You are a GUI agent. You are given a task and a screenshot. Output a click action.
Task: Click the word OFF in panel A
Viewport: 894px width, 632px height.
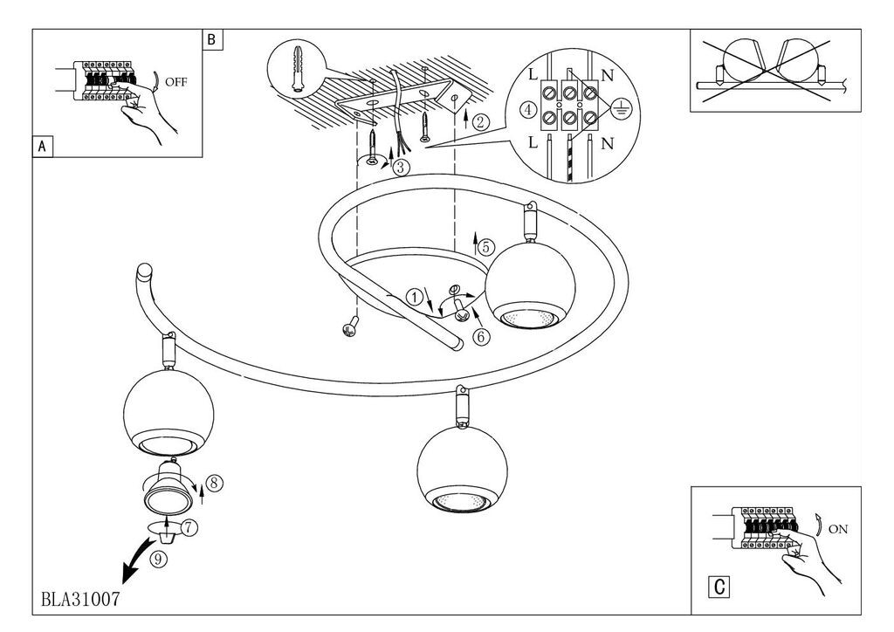point(175,82)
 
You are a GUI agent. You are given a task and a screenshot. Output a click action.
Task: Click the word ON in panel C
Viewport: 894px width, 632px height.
point(837,529)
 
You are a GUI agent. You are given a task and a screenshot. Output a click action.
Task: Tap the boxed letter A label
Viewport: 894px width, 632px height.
point(42,147)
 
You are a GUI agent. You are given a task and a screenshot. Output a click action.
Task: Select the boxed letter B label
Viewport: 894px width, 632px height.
point(212,40)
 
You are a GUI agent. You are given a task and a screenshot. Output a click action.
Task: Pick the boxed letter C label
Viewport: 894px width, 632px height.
point(719,587)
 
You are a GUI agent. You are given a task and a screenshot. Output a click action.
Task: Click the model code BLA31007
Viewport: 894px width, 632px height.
point(80,599)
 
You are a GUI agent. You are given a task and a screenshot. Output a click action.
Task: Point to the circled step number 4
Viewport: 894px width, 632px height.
point(529,109)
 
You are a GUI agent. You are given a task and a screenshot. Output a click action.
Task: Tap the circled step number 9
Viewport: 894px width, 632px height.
point(159,560)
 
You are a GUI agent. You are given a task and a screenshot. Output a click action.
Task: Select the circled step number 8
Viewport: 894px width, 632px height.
point(214,484)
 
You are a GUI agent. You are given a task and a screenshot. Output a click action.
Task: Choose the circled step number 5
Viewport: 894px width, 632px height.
point(485,247)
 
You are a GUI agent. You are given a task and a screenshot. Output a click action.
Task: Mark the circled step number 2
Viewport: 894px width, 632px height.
point(481,121)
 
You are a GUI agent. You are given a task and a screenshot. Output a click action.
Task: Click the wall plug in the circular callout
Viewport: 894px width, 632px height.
point(297,68)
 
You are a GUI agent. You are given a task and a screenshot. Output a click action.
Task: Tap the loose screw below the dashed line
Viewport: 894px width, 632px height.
point(350,326)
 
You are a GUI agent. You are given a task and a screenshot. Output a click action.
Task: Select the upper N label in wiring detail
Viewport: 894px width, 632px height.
point(608,75)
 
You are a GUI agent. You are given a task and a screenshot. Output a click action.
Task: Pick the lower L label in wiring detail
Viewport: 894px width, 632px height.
point(533,142)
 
